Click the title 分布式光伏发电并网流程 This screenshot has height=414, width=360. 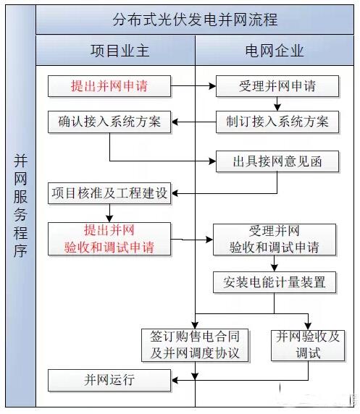[195, 20]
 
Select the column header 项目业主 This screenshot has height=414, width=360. [120, 51]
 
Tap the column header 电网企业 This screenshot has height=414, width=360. [275, 51]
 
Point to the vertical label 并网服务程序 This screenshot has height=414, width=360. [20, 206]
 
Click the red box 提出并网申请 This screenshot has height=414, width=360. [109, 86]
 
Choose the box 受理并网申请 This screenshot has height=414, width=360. [277, 86]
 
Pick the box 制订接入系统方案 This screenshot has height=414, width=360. [277, 122]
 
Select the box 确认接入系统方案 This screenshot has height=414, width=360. [109, 122]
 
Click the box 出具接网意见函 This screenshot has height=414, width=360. [277, 161]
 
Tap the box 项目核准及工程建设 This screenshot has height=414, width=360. [109, 193]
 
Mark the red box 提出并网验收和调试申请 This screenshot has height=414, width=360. [109, 239]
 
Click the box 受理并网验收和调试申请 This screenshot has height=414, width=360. [275, 240]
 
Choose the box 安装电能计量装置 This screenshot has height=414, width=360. [275, 282]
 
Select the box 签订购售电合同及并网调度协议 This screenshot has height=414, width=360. [195, 345]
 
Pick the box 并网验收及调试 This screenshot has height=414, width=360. [308, 345]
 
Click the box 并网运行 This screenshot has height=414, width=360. [109, 380]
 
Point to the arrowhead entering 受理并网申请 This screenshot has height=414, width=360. [212, 86]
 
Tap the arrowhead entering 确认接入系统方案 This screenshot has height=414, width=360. [175, 122]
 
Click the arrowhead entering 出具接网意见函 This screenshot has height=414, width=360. [212, 161]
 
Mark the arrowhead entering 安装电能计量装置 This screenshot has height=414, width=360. [274, 268]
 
